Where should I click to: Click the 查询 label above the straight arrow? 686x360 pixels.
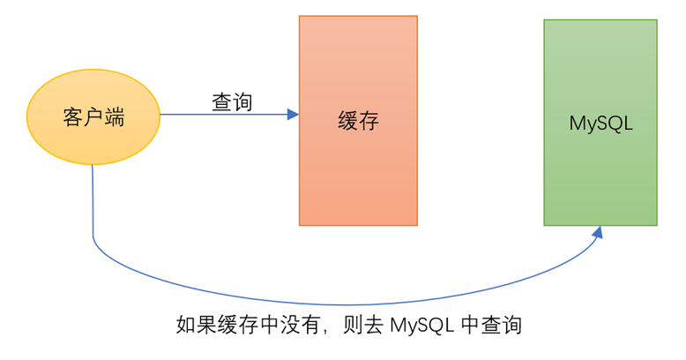[232, 102]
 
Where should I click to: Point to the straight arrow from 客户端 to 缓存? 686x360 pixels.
[220, 115]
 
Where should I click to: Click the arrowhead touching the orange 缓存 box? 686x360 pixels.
[293, 115]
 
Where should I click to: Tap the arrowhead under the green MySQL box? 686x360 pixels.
[599, 231]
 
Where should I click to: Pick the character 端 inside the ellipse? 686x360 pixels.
[114, 117]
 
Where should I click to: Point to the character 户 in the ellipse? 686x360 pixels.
[93, 117]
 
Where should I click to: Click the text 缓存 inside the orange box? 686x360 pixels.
[358, 121]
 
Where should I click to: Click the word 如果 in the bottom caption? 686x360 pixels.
[196, 325]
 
